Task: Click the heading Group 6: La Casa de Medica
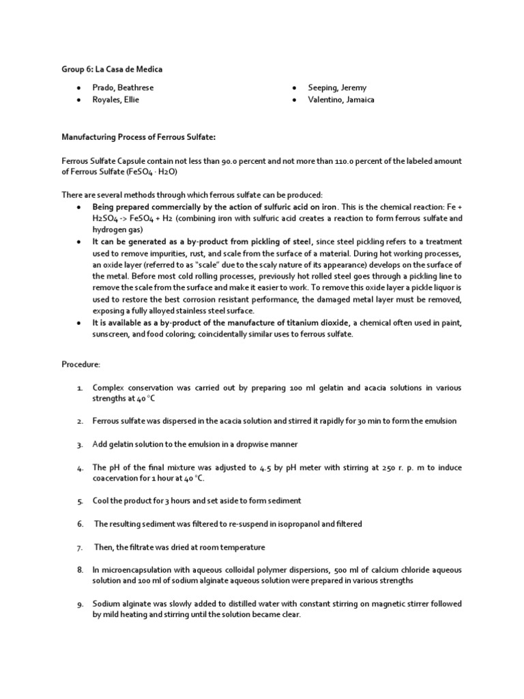coord(112,69)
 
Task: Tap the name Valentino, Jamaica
coord(341,100)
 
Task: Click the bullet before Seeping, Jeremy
coord(293,88)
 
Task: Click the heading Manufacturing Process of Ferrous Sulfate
coord(139,137)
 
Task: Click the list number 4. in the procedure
coord(80,468)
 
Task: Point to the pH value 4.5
coord(266,468)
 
